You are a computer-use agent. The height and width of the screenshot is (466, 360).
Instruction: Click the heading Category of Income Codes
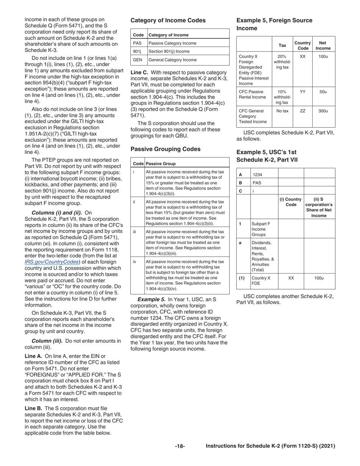[168, 20]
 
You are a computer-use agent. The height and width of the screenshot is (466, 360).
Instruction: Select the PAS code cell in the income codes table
[137, 43]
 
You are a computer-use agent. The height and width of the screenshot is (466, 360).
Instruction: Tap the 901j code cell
[137, 52]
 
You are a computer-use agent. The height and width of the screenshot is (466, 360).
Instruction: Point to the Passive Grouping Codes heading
[166, 149]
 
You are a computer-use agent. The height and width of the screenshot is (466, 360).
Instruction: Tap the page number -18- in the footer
[180, 446]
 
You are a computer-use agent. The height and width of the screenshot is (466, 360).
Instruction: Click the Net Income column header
[323, 45]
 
